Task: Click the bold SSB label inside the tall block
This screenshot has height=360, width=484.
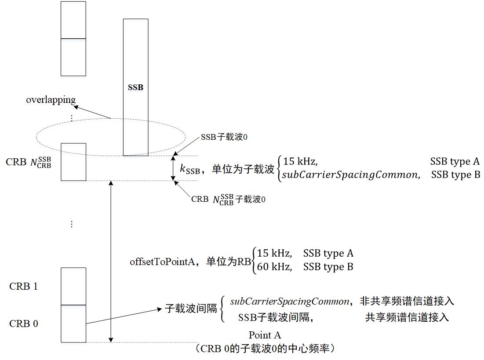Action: (135, 87)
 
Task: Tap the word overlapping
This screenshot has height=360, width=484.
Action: (51, 100)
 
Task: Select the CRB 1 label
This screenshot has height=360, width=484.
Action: (23, 287)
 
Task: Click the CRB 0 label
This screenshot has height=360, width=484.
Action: (23, 324)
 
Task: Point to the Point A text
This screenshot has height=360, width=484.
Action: (265, 335)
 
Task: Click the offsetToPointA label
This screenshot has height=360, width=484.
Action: (161, 262)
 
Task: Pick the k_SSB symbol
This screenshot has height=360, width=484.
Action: (190, 169)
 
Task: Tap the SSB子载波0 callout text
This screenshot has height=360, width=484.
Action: (224, 137)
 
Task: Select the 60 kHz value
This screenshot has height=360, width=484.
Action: (274, 267)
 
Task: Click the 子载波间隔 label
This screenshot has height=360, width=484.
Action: (191, 308)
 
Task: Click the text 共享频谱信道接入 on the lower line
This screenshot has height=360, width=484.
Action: (407, 317)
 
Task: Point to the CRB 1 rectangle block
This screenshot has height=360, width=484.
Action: (73, 286)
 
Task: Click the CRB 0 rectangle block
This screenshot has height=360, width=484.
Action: (73, 324)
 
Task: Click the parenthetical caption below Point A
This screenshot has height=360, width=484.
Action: (267, 349)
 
